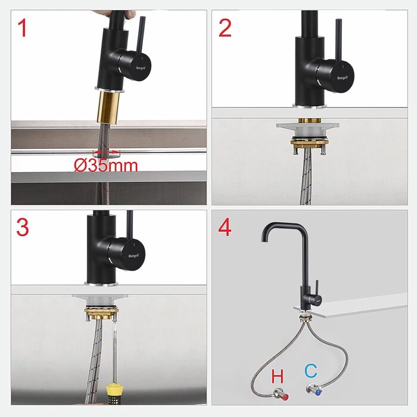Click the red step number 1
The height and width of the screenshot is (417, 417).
coord(23,28)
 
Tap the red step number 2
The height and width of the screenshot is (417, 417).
coord(225,28)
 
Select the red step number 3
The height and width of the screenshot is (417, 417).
coord(23,227)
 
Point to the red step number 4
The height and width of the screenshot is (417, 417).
coord(225,227)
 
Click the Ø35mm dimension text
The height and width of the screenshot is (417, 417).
coord(106,166)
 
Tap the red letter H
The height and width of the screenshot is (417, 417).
coord(278,376)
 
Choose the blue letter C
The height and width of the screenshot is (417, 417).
coord(310,371)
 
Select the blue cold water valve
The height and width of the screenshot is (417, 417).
coord(315,390)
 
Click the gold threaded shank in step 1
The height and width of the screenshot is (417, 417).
coord(108,107)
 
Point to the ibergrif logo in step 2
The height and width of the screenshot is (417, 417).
coord(342,77)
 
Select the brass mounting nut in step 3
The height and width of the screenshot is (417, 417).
coord(101,313)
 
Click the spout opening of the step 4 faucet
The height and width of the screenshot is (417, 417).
coord(264,240)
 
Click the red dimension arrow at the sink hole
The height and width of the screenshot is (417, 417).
coord(107,153)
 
